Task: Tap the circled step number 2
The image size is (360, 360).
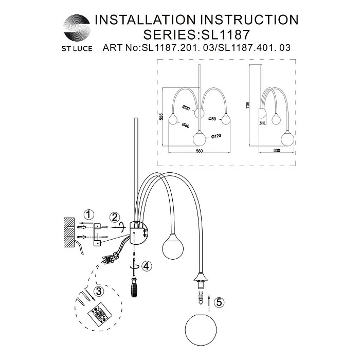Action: point(115,217)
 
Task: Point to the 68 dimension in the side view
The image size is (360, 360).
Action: point(262,122)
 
